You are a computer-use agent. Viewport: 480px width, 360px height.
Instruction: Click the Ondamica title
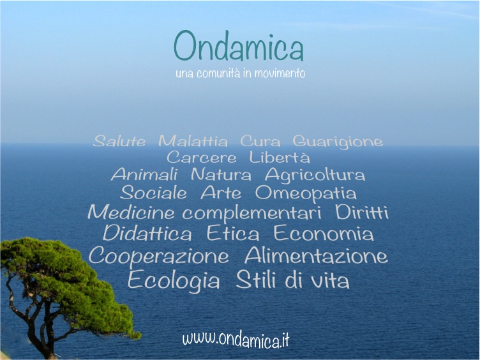click(x=239, y=46)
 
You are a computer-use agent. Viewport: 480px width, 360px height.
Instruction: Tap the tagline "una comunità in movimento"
click(x=240, y=73)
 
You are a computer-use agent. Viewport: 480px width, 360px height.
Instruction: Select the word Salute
click(x=119, y=141)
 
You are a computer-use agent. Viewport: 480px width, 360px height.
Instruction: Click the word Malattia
click(x=193, y=141)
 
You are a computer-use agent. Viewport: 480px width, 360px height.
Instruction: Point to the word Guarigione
click(x=338, y=142)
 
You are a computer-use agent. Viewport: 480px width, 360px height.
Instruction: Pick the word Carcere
click(x=202, y=158)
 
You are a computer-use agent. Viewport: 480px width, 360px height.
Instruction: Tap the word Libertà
click(x=280, y=157)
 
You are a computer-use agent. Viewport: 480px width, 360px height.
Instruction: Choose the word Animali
click(x=144, y=174)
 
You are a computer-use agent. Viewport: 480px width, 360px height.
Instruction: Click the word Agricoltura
click(x=315, y=175)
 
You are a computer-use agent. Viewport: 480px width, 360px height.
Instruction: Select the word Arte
click(x=221, y=193)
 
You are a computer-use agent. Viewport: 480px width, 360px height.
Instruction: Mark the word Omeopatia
click(x=306, y=194)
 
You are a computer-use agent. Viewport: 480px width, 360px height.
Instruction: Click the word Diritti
click(x=362, y=212)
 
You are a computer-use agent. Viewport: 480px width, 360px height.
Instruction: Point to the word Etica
click(x=233, y=233)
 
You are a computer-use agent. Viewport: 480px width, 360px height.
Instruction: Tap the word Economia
click(x=324, y=233)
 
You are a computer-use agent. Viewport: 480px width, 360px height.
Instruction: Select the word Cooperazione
click(x=158, y=256)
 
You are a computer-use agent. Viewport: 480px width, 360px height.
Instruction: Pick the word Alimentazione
click(x=316, y=255)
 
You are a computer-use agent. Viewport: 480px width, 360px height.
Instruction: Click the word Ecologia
click(x=174, y=280)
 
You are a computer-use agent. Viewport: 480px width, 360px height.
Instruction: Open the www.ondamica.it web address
click(x=236, y=339)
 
